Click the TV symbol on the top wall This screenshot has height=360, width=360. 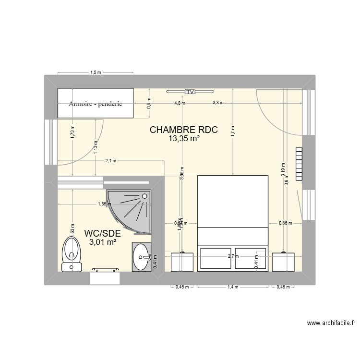click(x=191, y=91)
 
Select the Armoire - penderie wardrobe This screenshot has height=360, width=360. click(x=95, y=103)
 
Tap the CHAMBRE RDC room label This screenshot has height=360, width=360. click(x=184, y=130)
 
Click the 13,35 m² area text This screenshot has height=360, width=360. click(x=184, y=139)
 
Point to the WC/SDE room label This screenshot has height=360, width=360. click(x=102, y=233)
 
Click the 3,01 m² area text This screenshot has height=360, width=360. click(x=102, y=242)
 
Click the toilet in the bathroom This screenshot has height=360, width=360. click(x=71, y=254)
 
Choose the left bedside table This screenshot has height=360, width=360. click(x=182, y=262)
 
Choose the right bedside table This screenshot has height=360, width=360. click(x=284, y=262)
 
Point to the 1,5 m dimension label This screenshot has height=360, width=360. click(x=96, y=73)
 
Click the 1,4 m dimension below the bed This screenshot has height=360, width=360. click(x=233, y=287)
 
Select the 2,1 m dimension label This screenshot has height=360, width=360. click(x=110, y=161)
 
